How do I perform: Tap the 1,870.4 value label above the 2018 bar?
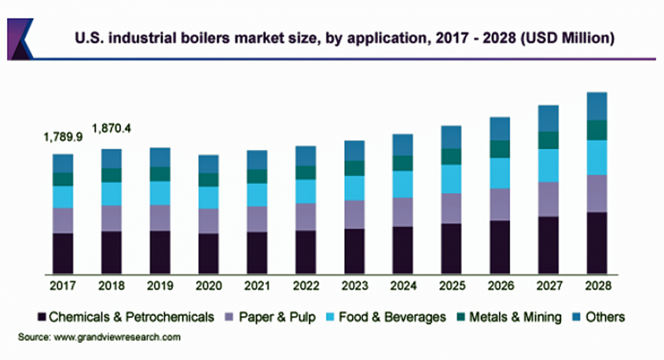112,127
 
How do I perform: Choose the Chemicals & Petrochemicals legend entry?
126,318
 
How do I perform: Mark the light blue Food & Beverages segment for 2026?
501,173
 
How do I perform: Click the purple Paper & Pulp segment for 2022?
306,216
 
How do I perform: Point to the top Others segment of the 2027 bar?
548,119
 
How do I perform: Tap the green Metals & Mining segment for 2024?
403,163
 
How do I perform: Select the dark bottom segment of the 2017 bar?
63,252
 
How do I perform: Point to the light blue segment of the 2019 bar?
160,193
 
